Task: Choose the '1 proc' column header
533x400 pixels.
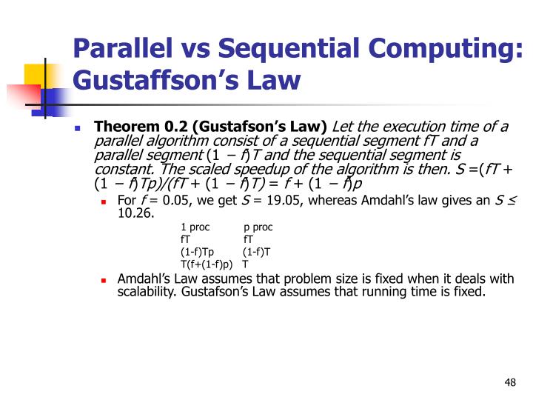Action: [x=195, y=227]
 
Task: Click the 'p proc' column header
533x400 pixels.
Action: [x=258, y=227]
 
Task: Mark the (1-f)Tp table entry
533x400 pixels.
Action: [x=197, y=251]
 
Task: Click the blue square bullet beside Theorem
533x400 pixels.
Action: [x=78, y=127]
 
